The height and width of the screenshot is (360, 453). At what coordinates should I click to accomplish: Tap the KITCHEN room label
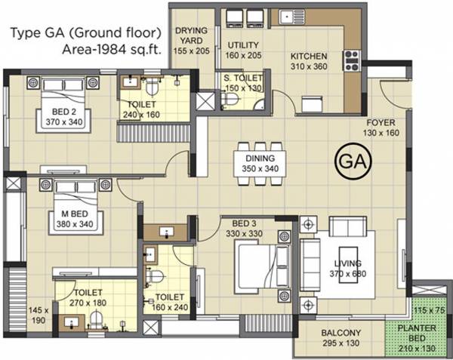310,57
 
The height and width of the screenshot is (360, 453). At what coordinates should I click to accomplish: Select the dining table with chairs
261,148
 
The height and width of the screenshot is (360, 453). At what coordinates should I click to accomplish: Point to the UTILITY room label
242,45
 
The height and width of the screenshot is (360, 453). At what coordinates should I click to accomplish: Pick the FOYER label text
381,122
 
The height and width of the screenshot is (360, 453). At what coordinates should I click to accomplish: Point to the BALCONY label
340,333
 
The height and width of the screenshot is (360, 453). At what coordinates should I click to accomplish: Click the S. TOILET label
242,78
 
